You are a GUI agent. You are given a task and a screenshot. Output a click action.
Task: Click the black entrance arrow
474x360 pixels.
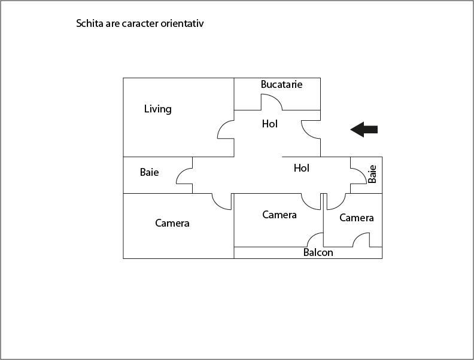(364, 129)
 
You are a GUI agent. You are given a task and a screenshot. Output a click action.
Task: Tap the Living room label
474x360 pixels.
(158, 109)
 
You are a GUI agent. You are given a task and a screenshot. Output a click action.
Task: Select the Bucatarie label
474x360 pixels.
(281, 84)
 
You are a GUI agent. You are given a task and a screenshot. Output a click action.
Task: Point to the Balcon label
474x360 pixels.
(318, 252)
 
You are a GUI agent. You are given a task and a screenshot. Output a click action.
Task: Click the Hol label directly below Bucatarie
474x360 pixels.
(270, 124)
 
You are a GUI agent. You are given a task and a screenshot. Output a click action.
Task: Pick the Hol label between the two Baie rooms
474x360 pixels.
(302, 168)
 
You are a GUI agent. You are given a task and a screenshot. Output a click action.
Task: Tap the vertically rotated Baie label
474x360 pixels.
(372, 174)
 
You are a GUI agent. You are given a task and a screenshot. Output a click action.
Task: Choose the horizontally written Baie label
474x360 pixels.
(150, 172)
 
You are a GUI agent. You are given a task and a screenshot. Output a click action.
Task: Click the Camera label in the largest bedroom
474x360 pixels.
(172, 223)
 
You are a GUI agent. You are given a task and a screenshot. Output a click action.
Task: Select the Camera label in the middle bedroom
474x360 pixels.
(279, 215)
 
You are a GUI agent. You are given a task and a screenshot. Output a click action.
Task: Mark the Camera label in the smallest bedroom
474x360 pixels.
(357, 218)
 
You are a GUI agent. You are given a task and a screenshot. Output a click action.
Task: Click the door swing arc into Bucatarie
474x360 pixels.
(276, 97)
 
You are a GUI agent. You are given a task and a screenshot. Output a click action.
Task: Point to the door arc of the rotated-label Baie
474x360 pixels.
(362, 172)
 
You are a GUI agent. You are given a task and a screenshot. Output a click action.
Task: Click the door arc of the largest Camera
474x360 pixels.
(217, 205)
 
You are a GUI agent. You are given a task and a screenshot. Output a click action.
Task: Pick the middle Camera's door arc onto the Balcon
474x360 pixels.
(312, 236)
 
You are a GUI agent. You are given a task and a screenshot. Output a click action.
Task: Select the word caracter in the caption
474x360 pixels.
(141, 23)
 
